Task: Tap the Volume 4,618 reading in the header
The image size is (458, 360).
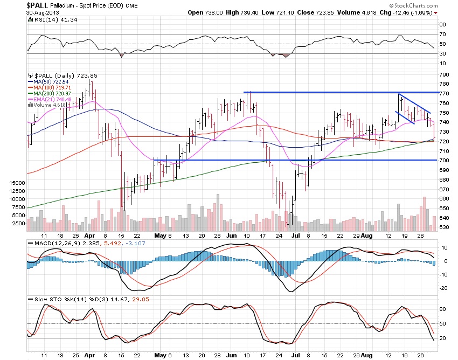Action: click(x=374, y=12)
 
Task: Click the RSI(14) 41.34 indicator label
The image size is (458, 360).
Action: click(x=47, y=19)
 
